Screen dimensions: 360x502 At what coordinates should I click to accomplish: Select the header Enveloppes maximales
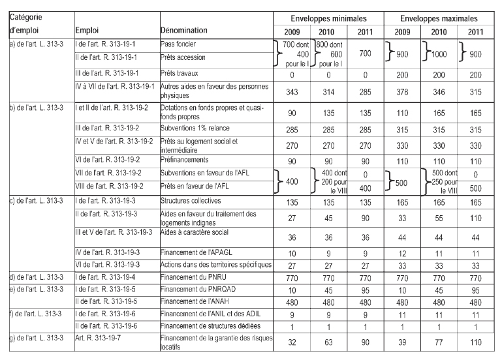click(442, 20)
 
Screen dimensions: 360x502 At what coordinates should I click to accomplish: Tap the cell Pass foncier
click(179, 43)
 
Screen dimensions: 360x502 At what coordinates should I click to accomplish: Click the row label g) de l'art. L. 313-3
click(34, 344)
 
